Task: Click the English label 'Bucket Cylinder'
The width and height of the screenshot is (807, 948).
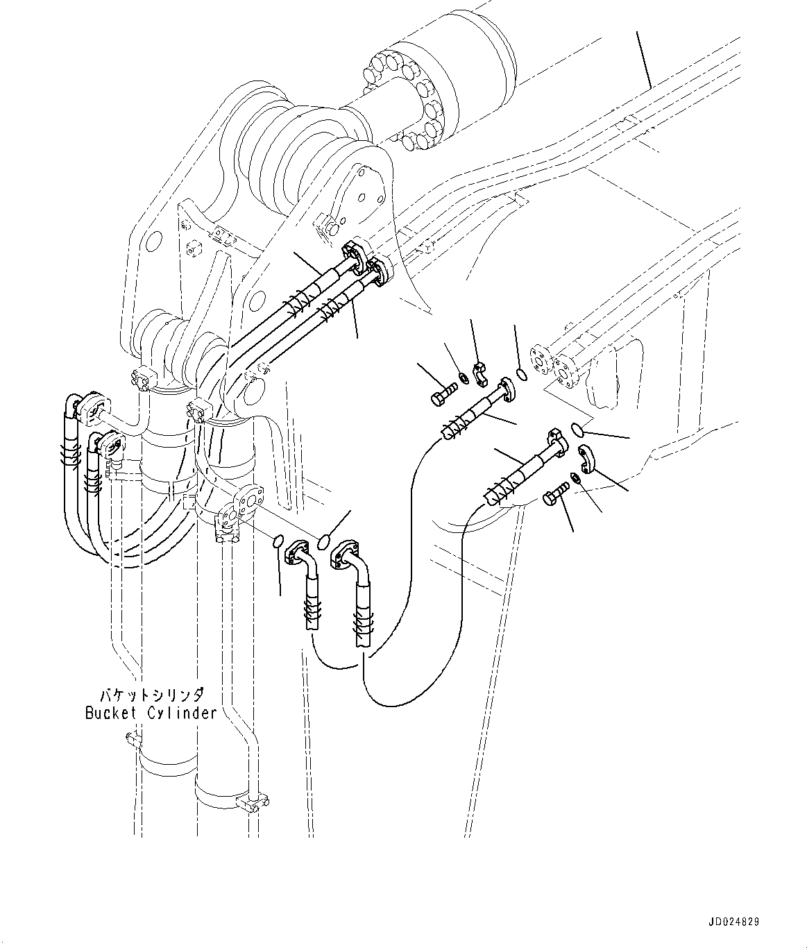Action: (151, 713)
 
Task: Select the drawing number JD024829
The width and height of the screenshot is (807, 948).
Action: (733, 922)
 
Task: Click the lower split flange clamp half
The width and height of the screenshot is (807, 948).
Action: (586, 459)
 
